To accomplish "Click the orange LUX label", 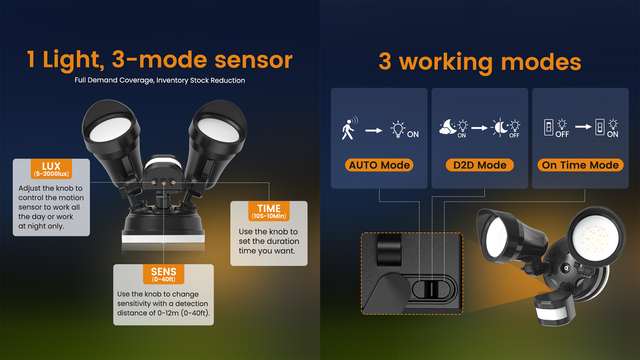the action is (51, 169).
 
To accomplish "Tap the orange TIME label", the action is (269, 211).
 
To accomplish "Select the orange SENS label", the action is (164, 274).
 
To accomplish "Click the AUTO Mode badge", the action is (379, 165).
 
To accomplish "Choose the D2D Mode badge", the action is (480, 165).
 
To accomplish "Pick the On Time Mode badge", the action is (580, 165).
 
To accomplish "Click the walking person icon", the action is (349, 129).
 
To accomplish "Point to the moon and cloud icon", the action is (448, 127).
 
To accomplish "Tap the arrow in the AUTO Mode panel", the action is (374, 130).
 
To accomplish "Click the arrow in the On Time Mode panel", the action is (583, 127).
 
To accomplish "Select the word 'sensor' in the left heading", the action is (254, 60).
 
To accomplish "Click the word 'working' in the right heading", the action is (446, 62).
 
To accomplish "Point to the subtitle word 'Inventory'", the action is (172, 80).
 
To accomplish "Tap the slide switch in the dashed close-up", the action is (432, 289).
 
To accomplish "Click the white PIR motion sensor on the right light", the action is (552, 313).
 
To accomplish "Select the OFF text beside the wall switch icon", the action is (562, 134).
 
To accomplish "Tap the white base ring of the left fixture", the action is (163, 238).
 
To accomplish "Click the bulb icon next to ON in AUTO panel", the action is (398, 129).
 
